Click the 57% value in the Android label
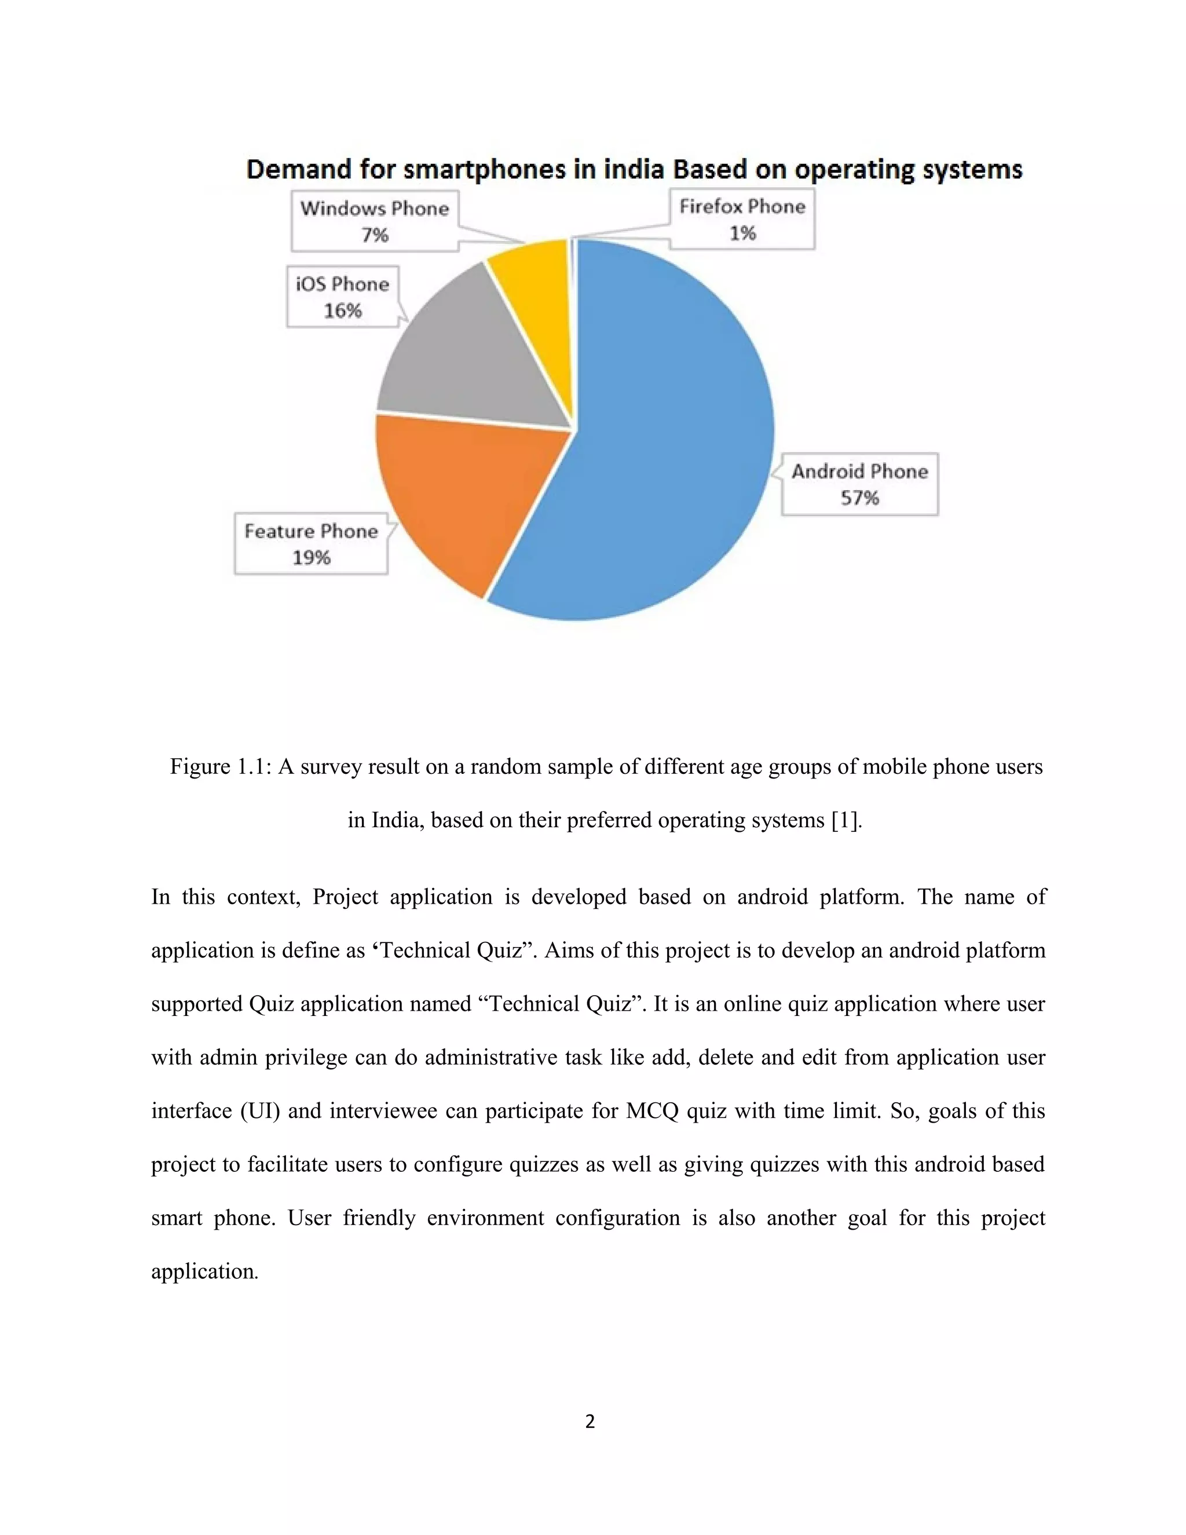point(859,498)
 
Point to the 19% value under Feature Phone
point(311,558)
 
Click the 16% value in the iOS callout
point(342,310)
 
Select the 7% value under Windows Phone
point(375,235)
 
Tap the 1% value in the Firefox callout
point(742,233)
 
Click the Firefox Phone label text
point(742,207)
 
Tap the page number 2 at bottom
point(590,1421)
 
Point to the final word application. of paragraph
point(204,1271)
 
